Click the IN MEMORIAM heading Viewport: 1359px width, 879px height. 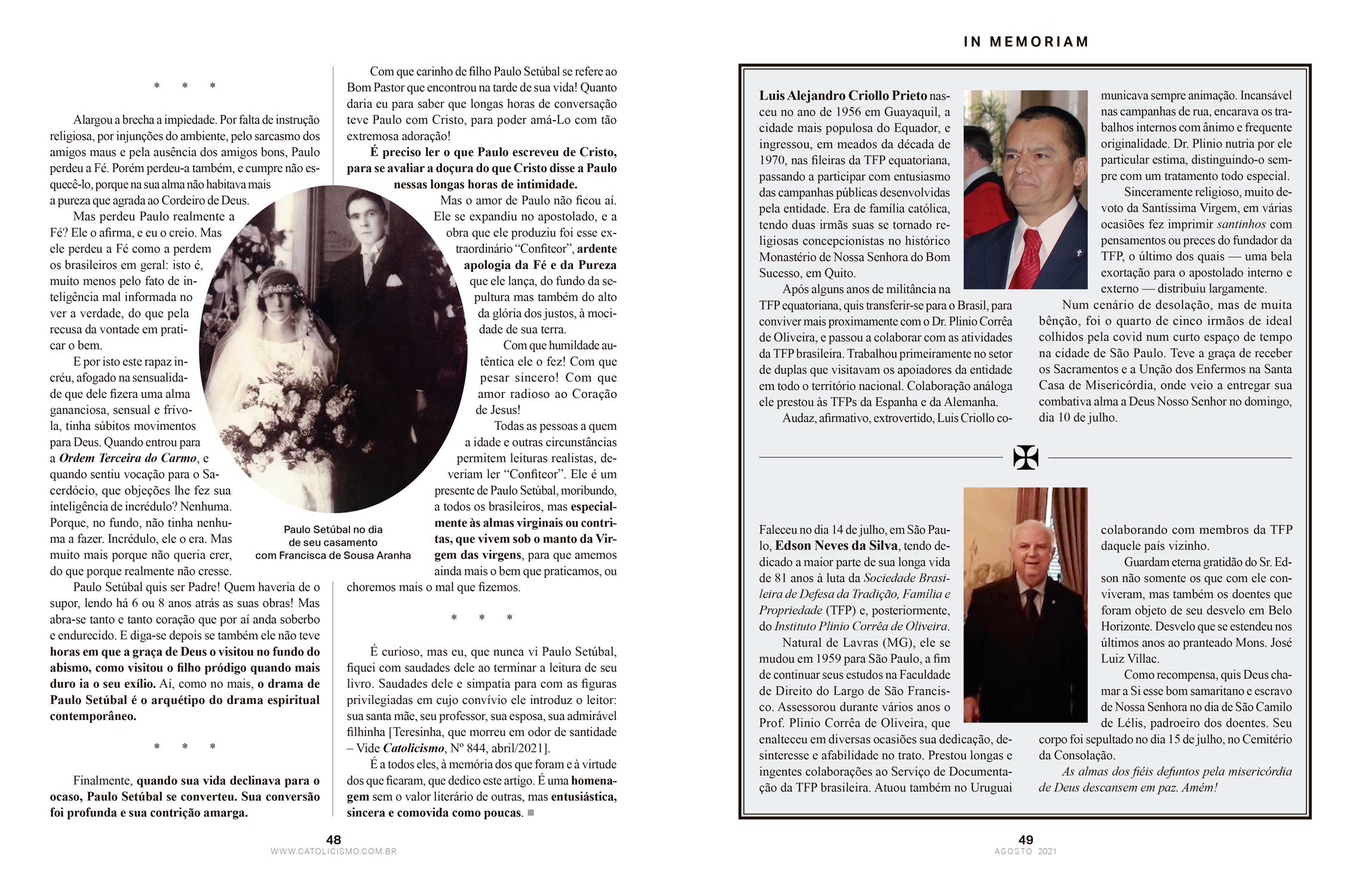click(x=1026, y=42)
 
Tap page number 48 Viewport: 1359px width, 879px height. click(x=333, y=840)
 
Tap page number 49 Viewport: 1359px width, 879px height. click(x=1026, y=840)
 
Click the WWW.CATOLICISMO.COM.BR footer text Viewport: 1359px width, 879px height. click(x=333, y=851)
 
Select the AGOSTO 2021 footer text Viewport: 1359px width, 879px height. click(x=1026, y=851)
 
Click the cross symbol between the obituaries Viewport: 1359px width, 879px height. click(x=1026, y=458)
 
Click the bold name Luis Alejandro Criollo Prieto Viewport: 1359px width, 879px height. click(x=843, y=96)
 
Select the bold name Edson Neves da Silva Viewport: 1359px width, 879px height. click(x=836, y=546)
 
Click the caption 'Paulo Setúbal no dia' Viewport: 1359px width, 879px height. click(x=333, y=529)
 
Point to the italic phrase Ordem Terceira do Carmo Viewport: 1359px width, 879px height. click(x=128, y=458)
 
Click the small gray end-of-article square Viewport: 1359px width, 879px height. click(x=530, y=813)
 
